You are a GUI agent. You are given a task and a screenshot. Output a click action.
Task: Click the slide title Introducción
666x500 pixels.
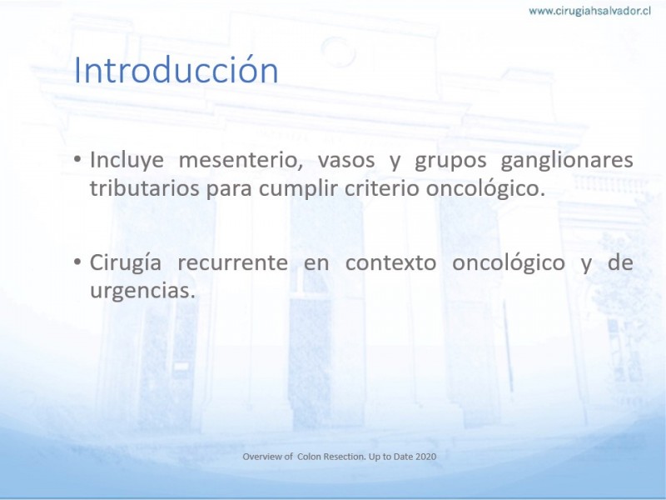pos(176,70)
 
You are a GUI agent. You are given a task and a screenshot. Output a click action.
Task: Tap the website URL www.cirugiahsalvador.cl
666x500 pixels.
pos(589,11)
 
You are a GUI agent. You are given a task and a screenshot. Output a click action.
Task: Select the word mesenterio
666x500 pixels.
pos(241,161)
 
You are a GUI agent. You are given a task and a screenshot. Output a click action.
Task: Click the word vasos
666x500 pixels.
pos(346,161)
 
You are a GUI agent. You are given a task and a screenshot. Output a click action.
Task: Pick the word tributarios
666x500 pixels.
pos(144,188)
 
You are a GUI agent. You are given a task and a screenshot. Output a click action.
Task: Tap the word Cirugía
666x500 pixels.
pos(126,263)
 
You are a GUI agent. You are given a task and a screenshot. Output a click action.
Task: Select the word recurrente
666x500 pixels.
pos(233,262)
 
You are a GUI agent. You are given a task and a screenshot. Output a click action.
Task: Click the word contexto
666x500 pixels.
pos(390,262)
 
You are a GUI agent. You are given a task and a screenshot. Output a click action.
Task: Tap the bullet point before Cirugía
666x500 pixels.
pos(77,261)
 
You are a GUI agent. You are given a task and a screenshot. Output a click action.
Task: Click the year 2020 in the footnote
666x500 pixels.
pos(425,457)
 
